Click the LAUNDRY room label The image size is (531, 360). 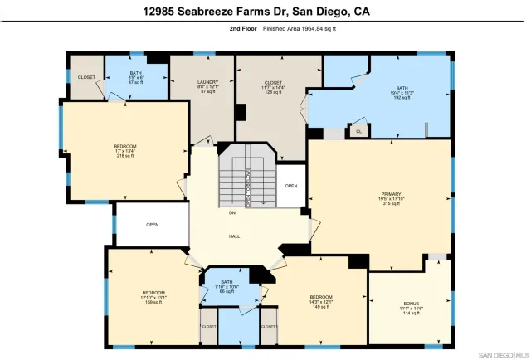pos(207,83)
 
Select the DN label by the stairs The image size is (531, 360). pos(232,213)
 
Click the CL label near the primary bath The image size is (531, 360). pos(358,131)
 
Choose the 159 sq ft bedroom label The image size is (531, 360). pos(153,297)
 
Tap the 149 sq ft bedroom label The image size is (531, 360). pos(320,301)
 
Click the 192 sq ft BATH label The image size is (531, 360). pos(402,92)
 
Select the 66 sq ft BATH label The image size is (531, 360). pos(227,287)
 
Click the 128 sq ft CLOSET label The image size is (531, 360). pos(273,87)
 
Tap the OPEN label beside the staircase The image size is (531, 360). pos(290,186)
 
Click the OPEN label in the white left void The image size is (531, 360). pos(152,225)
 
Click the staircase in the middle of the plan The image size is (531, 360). pos(246,178)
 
